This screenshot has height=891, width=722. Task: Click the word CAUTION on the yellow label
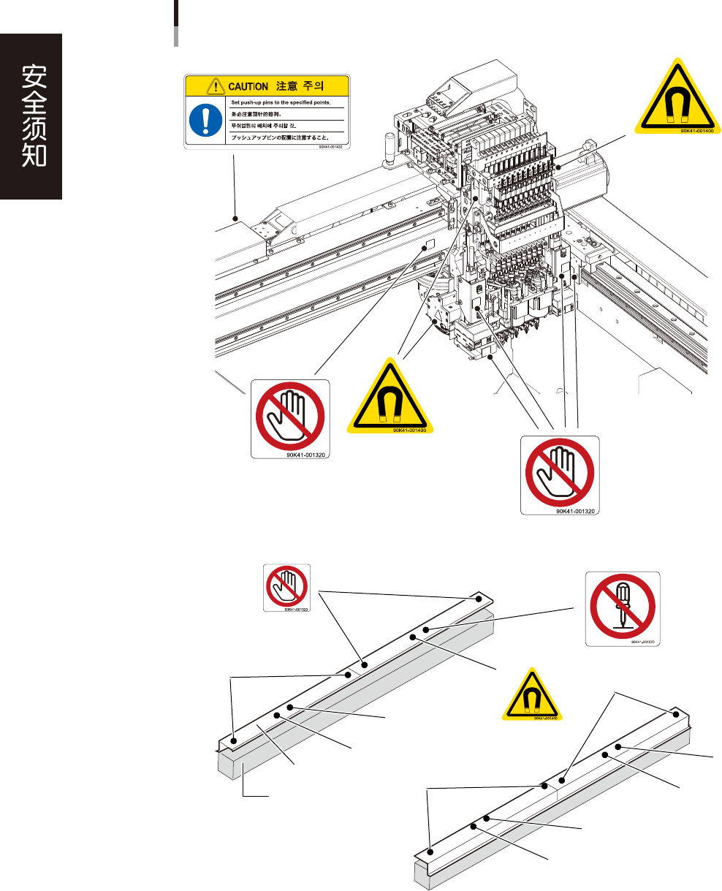click(x=248, y=86)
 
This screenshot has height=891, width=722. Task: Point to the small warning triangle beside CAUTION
click(x=216, y=86)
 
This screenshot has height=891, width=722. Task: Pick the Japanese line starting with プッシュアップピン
click(x=280, y=137)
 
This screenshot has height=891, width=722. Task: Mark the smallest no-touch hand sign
click(x=287, y=586)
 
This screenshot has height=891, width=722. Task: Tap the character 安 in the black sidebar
click(x=31, y=75)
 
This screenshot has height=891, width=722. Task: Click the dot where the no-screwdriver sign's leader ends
click(x=425, y=628)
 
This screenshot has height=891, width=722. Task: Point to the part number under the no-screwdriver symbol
click(x=639, y=642)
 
